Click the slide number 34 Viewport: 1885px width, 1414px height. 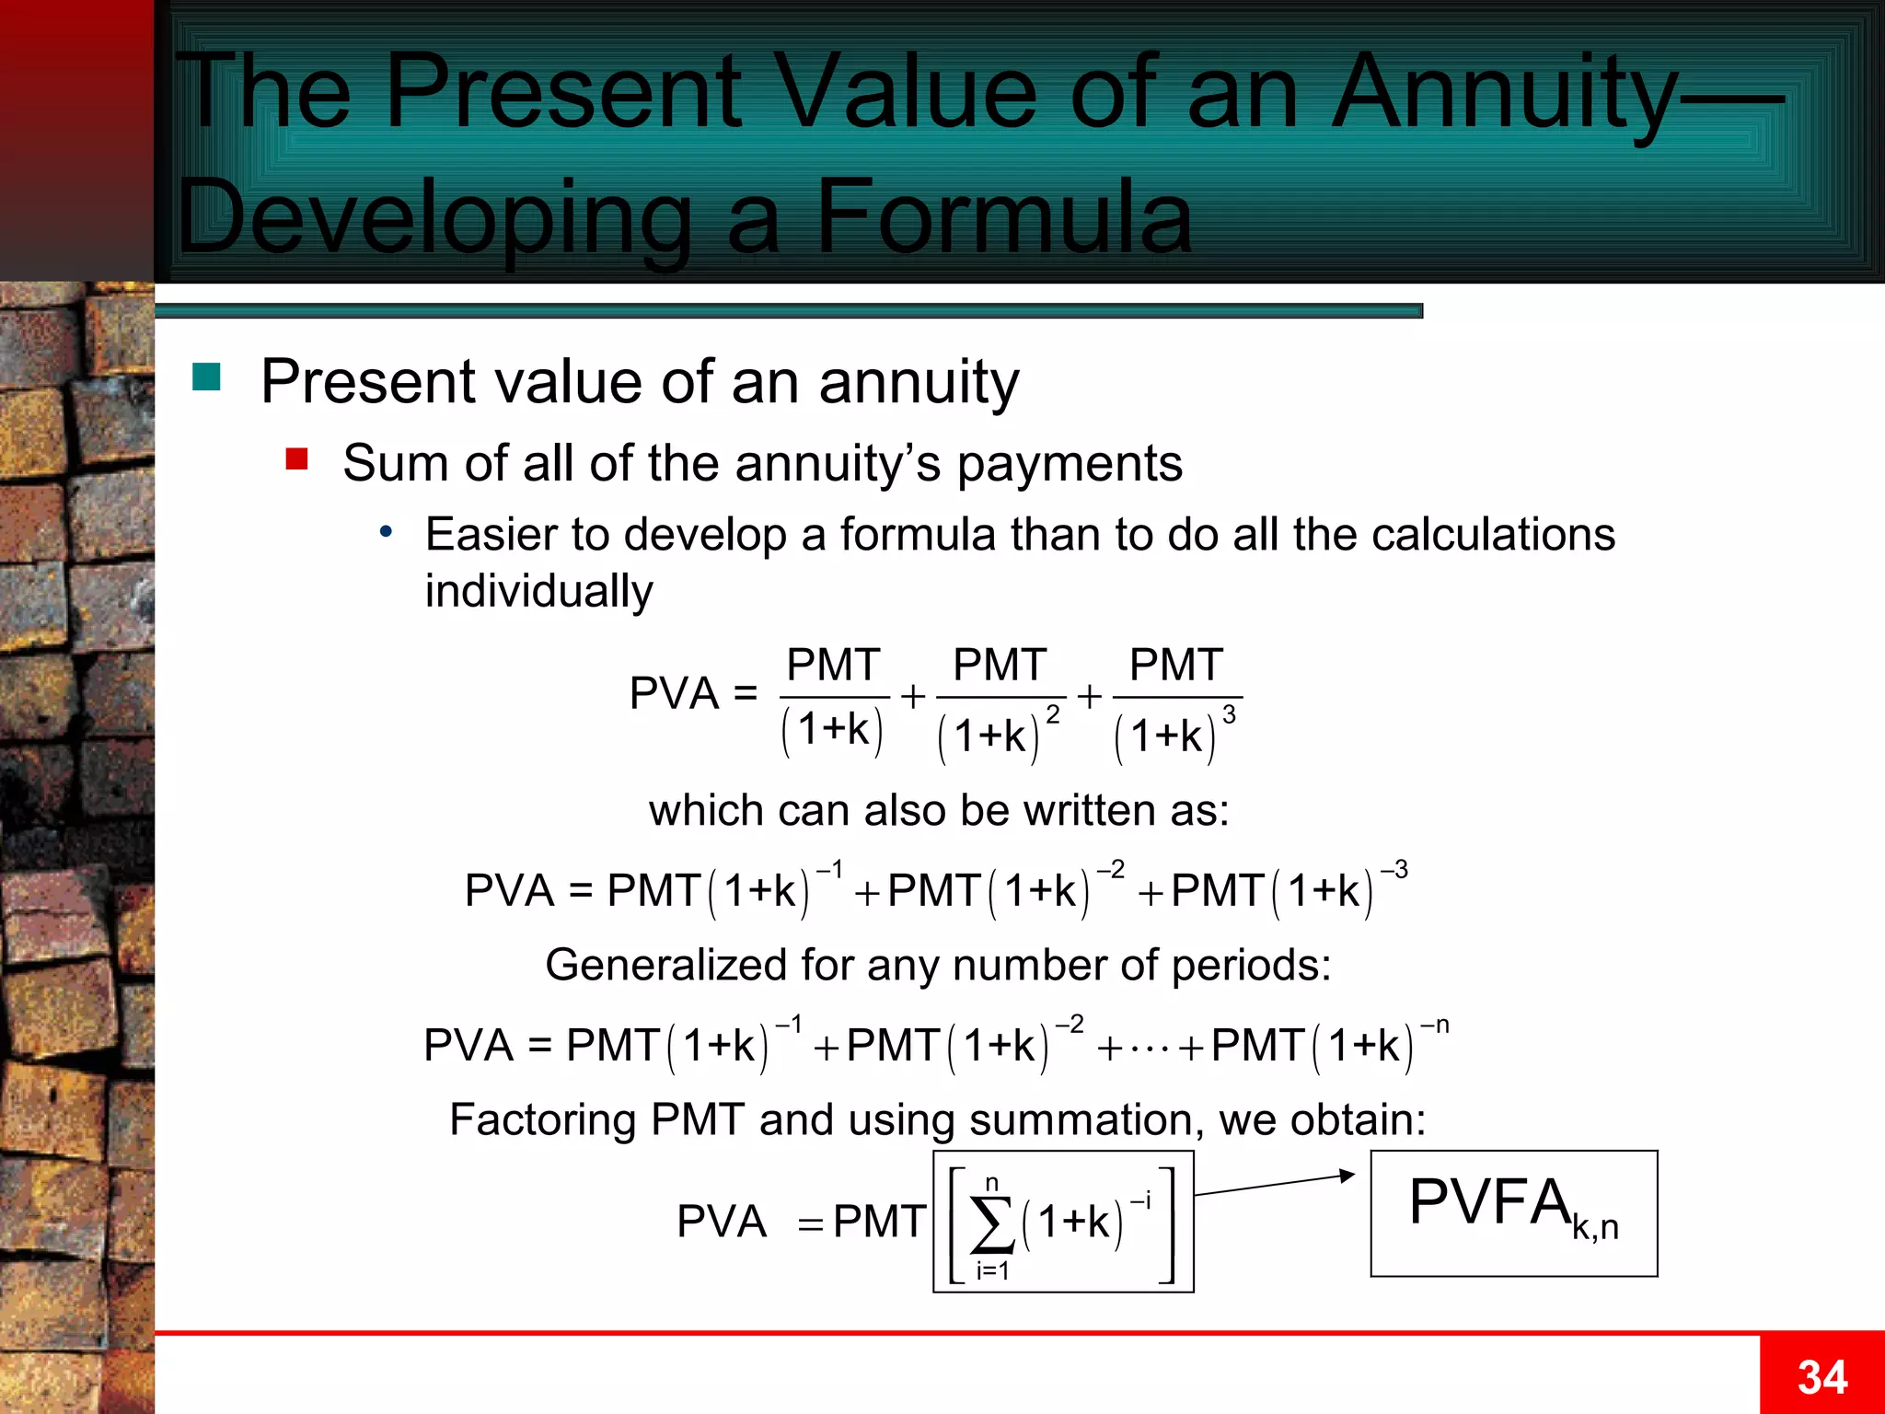pyautogui.click(x=1821, y=1378)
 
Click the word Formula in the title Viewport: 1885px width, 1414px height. pyautogui.click(x=1003, y=218)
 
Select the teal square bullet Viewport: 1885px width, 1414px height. pyautogui.click(x=206, y=377)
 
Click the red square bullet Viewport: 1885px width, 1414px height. pyautogui.click(x=296, y=458)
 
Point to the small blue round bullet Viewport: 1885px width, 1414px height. pyautogui.click(x=387, y=531)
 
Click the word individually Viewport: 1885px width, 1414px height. pyautogui.click(x=538, y=591)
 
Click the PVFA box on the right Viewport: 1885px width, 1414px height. pyautogui.click(x=1513, y=1212)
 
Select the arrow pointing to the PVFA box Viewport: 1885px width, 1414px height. pyautogui.click(x=1275, y=1185)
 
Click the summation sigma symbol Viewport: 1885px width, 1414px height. pyautogui.click(x=992, y=1225)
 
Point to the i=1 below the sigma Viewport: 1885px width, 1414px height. pyautogui.click(x=992, y=1271)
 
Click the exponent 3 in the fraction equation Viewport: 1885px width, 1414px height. pyautogui.click(x=1229, y=715)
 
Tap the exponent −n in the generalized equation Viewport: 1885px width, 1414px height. pyautogui.click(x=1435, y=1026)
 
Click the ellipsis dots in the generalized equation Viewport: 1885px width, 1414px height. pyautogui.click(x=1150, y=1049)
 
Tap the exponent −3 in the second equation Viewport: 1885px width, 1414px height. pyautogui.click(x=1394, y=870)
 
